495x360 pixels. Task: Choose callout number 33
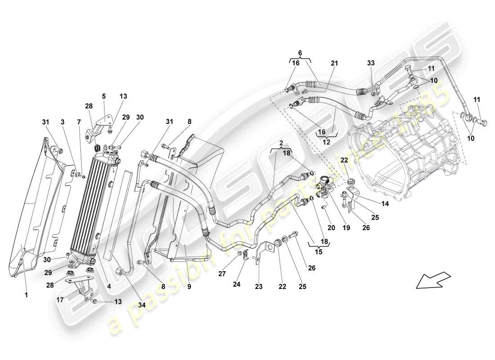click(370, 64)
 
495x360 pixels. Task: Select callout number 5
click(103, 96)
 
